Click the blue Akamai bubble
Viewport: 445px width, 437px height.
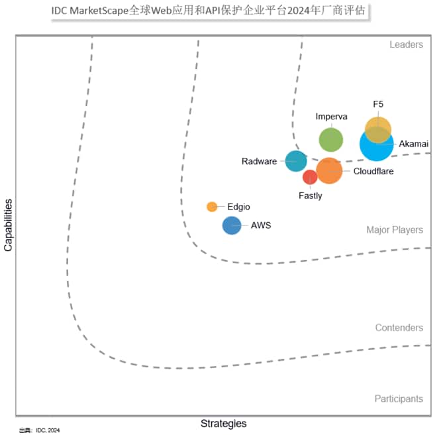click(x=376, y=145)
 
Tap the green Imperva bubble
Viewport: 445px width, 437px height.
click(x=331, y=140)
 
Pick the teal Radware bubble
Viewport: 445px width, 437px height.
click(x=295, y=160)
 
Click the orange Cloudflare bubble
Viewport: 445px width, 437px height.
click(x=329, y=170)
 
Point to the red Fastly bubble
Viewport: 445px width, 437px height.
click(x=310, y=177)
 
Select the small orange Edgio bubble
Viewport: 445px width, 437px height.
click(x=212, y=206)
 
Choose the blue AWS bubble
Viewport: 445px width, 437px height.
click(x=232, y=225)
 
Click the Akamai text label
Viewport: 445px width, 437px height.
click(x=414, y=143)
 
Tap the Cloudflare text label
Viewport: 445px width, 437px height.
click(x=373, y=171)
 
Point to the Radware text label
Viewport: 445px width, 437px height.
click(x=259, y=161)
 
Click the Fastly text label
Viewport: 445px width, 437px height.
click(x=310, y=196)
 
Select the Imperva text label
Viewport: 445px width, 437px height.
click(x=331, y=117)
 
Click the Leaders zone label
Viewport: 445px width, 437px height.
click(x=406, y=44)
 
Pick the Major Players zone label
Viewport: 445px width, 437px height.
click(x=395, y=230)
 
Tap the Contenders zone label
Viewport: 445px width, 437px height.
click(x=399, y=328)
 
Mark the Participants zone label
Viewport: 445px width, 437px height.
click(x=399, y=399)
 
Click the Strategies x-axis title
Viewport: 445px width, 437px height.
click(x=223, y=423)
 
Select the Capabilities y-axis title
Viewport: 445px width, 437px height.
click(x=9, y=223)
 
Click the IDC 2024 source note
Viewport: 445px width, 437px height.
click(x=39, y=430)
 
